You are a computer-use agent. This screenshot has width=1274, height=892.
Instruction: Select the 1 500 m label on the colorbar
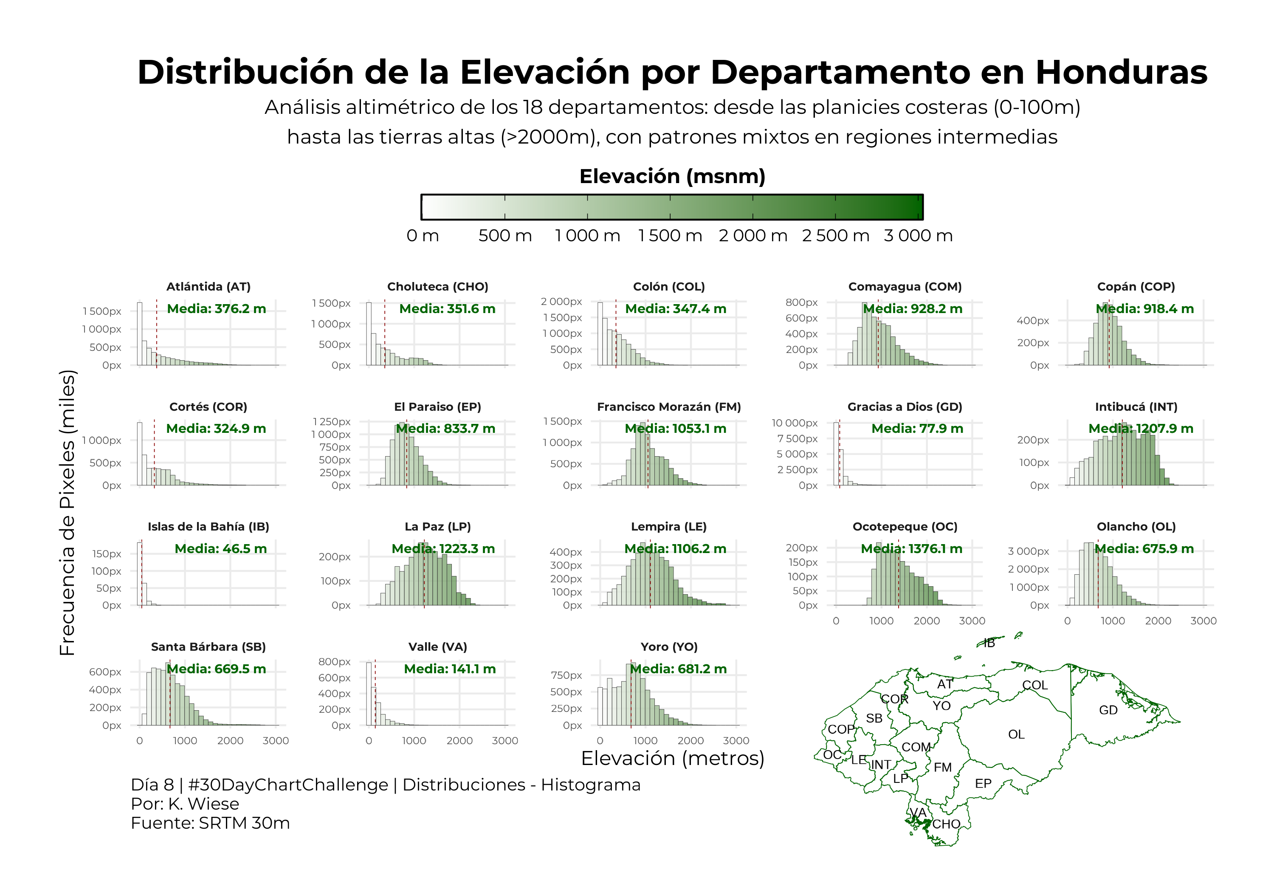[x=670, y=235]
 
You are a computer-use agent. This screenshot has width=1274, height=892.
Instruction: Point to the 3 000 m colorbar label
[x=918, y=235]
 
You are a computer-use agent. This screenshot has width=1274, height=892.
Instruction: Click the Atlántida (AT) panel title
[x=209, y=286]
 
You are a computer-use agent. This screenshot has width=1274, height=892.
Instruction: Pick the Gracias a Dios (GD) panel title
[x=905, y=407]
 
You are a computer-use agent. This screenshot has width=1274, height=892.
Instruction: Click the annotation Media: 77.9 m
[x=917, y=429]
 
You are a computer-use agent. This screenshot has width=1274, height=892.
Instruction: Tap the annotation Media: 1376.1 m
[x=912, y=549]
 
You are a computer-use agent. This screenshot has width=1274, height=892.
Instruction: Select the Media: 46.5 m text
[x=220, y=549]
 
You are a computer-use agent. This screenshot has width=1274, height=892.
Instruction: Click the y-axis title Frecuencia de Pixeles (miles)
[x=67, y=513]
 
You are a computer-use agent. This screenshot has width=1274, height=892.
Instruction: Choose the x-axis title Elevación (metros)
[x=673, y=758]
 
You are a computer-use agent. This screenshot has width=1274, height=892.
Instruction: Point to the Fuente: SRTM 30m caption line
[x=210, y=823]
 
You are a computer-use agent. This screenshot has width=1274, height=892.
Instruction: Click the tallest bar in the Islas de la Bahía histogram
[x=139, y=574]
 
